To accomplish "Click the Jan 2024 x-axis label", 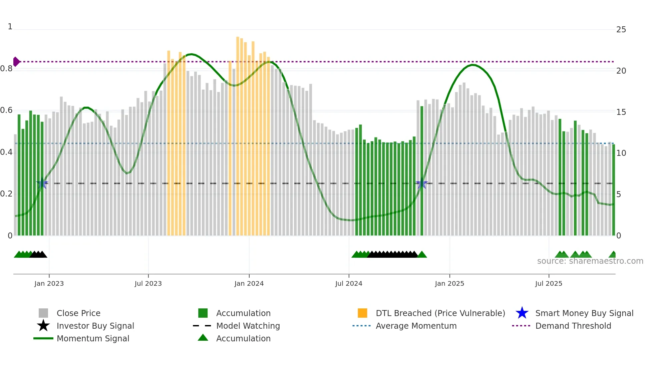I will [x=249, y=283].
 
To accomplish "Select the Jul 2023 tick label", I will [x=148, y=283].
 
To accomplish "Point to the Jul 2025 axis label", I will [x=549, y=283].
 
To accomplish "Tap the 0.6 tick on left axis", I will [x=6, y=110].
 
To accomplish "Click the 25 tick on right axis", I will [x=621, y=30].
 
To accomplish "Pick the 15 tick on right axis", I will [x=621, y=112].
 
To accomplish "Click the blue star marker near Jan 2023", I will [x=42, y=183].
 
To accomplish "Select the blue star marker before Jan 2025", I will [x=422, y=183].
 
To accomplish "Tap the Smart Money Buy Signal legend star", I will [x=522, y=313].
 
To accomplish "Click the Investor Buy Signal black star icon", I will [x=43, y=326].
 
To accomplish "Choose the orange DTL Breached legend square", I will [x=362, y=313].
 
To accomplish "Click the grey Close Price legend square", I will [x=43, y=313].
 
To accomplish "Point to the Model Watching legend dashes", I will [x=202, y=326].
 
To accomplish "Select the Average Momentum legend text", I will [x=416, y=326].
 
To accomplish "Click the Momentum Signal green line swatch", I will [x=43, y=338].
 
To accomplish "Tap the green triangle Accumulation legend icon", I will [x=203, y=338].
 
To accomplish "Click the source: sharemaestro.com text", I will [x=590, y=261].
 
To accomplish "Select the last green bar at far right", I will [x=614, y=190].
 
